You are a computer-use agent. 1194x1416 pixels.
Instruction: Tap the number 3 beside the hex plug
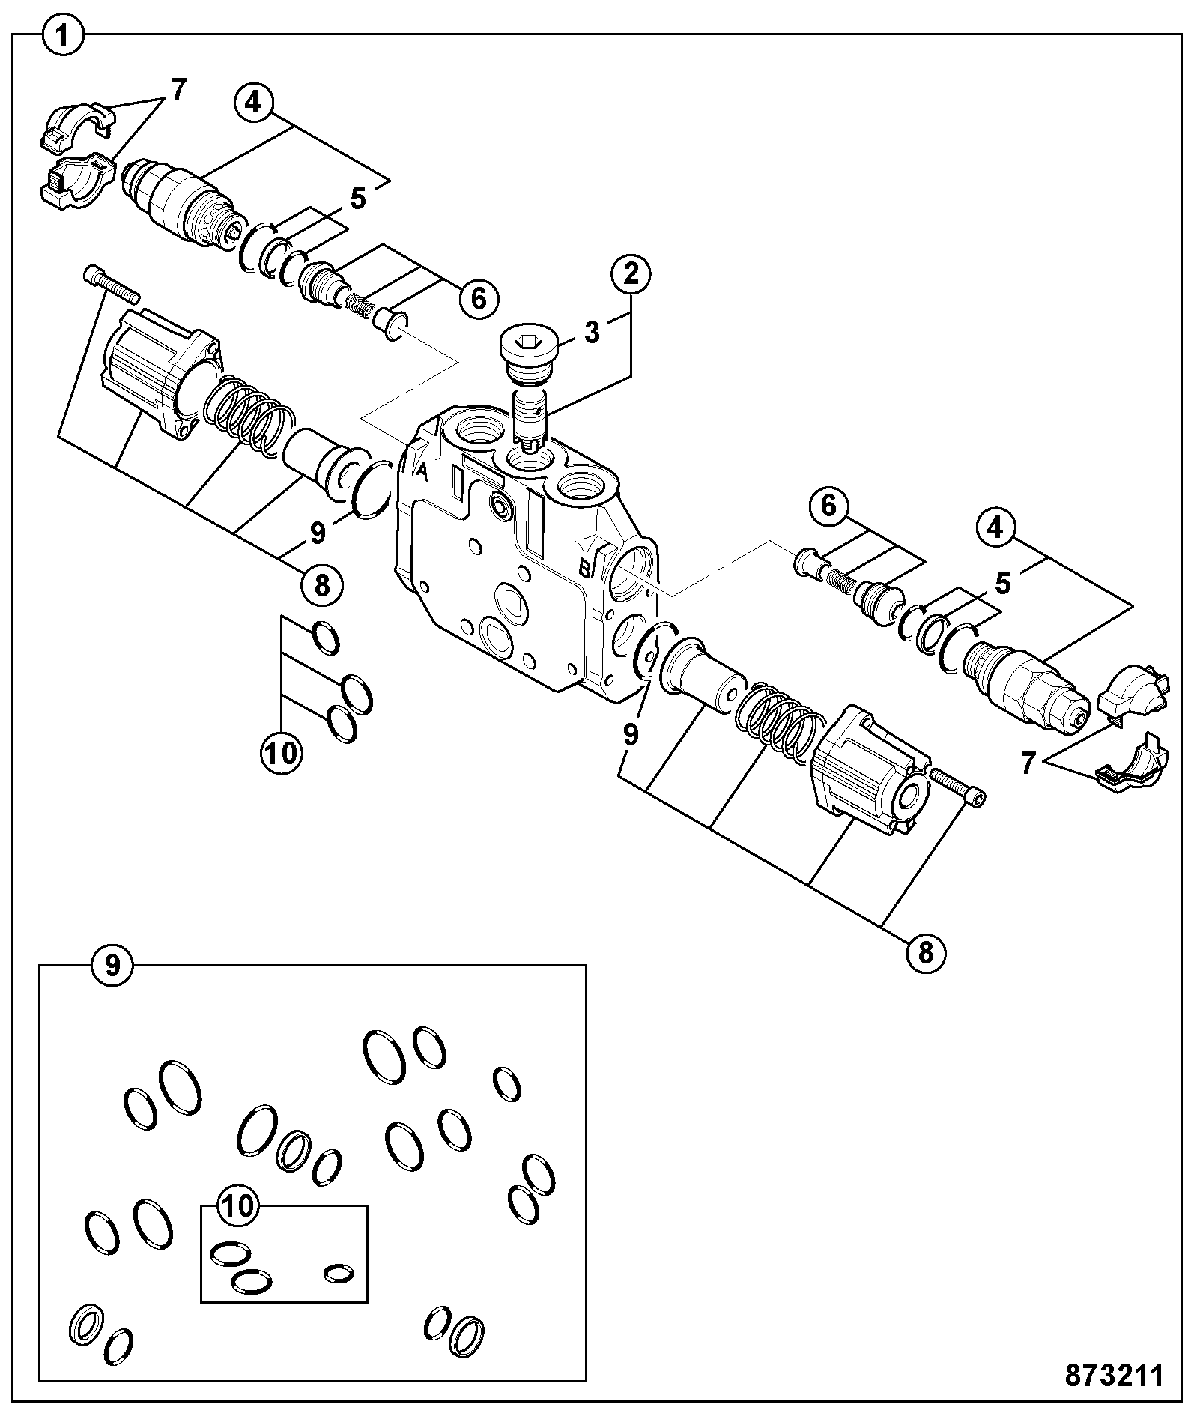coord(592,332)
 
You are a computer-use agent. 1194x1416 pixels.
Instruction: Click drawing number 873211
coord(1115,1376)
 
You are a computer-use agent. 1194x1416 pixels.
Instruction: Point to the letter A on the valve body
coord(422,471)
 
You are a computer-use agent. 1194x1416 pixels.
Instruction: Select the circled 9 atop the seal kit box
coord(112,966)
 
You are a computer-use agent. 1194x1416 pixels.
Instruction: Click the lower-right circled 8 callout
coord(926,953)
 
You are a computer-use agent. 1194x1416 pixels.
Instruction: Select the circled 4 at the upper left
coord(254,103)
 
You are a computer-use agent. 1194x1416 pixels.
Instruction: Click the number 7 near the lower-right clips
coord(1028,763)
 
